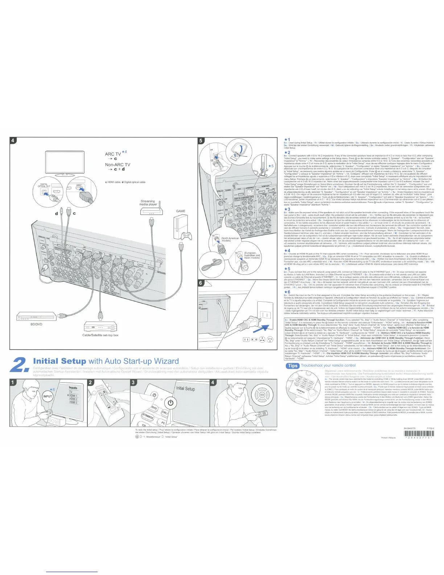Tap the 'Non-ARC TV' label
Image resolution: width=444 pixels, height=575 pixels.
click(x=117, y=164)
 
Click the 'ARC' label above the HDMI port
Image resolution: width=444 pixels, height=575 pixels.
click(x=78, y=185)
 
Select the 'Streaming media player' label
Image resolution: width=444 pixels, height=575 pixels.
click(x=148, y=203)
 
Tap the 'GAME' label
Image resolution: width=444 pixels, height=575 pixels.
click(x=180, y=211)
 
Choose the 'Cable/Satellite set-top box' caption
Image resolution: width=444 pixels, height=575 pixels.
click(x=100, y=335)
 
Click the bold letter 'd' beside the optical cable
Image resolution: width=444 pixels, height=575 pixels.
click(x=56, y=213)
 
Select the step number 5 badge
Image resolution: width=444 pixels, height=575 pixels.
click(x=202, y=140)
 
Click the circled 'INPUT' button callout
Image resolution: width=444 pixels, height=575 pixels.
click(x=48, y=396)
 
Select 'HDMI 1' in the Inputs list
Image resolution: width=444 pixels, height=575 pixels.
click(x=73, y=396)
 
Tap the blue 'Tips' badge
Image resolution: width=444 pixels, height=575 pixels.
click(x=292, y=366)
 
